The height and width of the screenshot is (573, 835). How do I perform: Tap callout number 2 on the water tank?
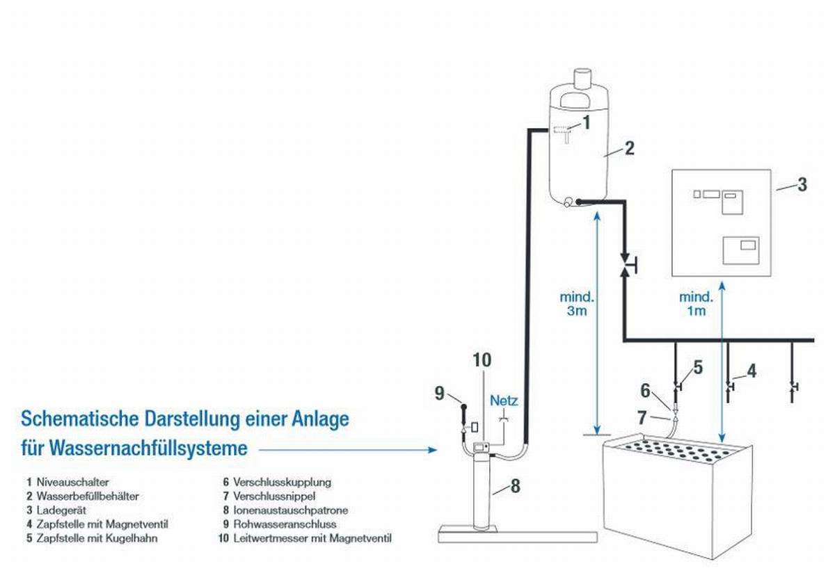click(629, 148)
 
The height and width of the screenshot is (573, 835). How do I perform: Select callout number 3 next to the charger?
click(802, 184)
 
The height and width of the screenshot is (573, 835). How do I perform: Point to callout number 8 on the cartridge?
click(515, 486)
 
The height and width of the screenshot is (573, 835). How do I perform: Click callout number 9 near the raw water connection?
click(439, 393)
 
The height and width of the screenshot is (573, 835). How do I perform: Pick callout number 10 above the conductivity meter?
click(482, 360)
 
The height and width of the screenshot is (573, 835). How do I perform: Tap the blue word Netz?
click(504, 401)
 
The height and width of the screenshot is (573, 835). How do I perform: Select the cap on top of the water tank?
click(582, 76)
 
